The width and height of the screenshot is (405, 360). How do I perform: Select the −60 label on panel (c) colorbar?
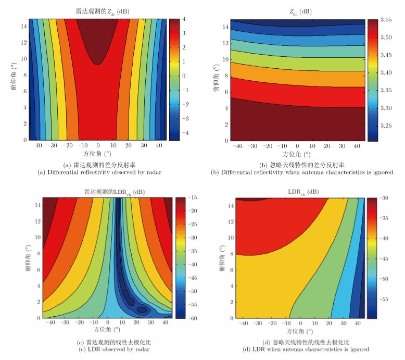click(x=192, y=318)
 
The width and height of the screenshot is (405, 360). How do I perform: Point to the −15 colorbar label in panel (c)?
click(x=192, y=198)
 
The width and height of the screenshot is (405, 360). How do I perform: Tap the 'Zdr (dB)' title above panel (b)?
click(x=298, y=11)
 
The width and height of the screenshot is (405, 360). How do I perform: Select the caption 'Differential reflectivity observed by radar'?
click(x=97, y=171)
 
